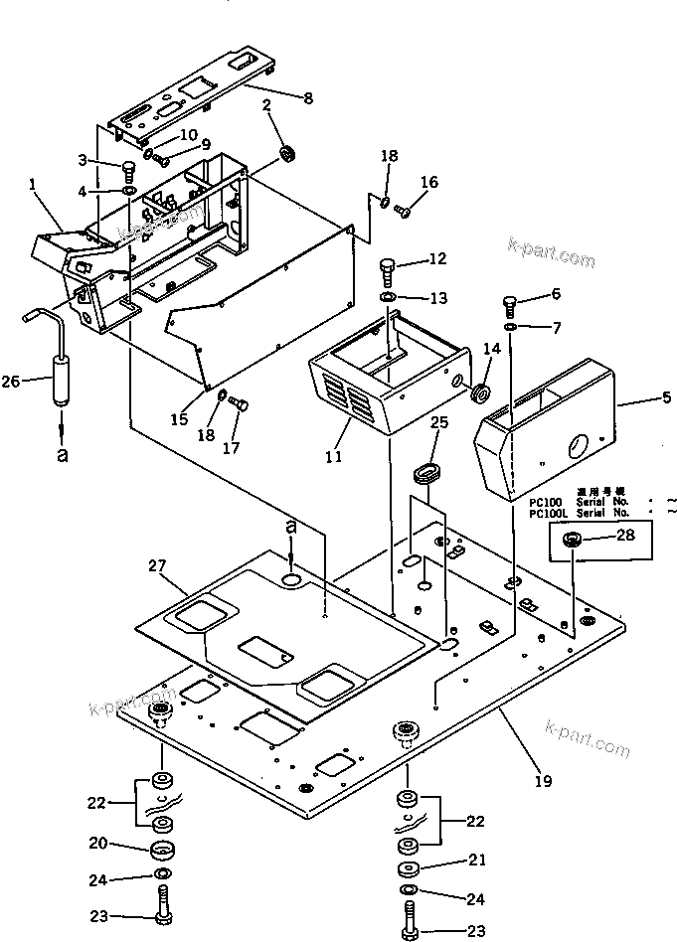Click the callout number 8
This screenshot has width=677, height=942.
307,97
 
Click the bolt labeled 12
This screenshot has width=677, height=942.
389,267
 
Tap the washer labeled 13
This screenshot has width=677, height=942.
389,298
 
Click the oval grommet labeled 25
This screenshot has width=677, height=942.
425,470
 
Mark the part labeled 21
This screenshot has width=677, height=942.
408,869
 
